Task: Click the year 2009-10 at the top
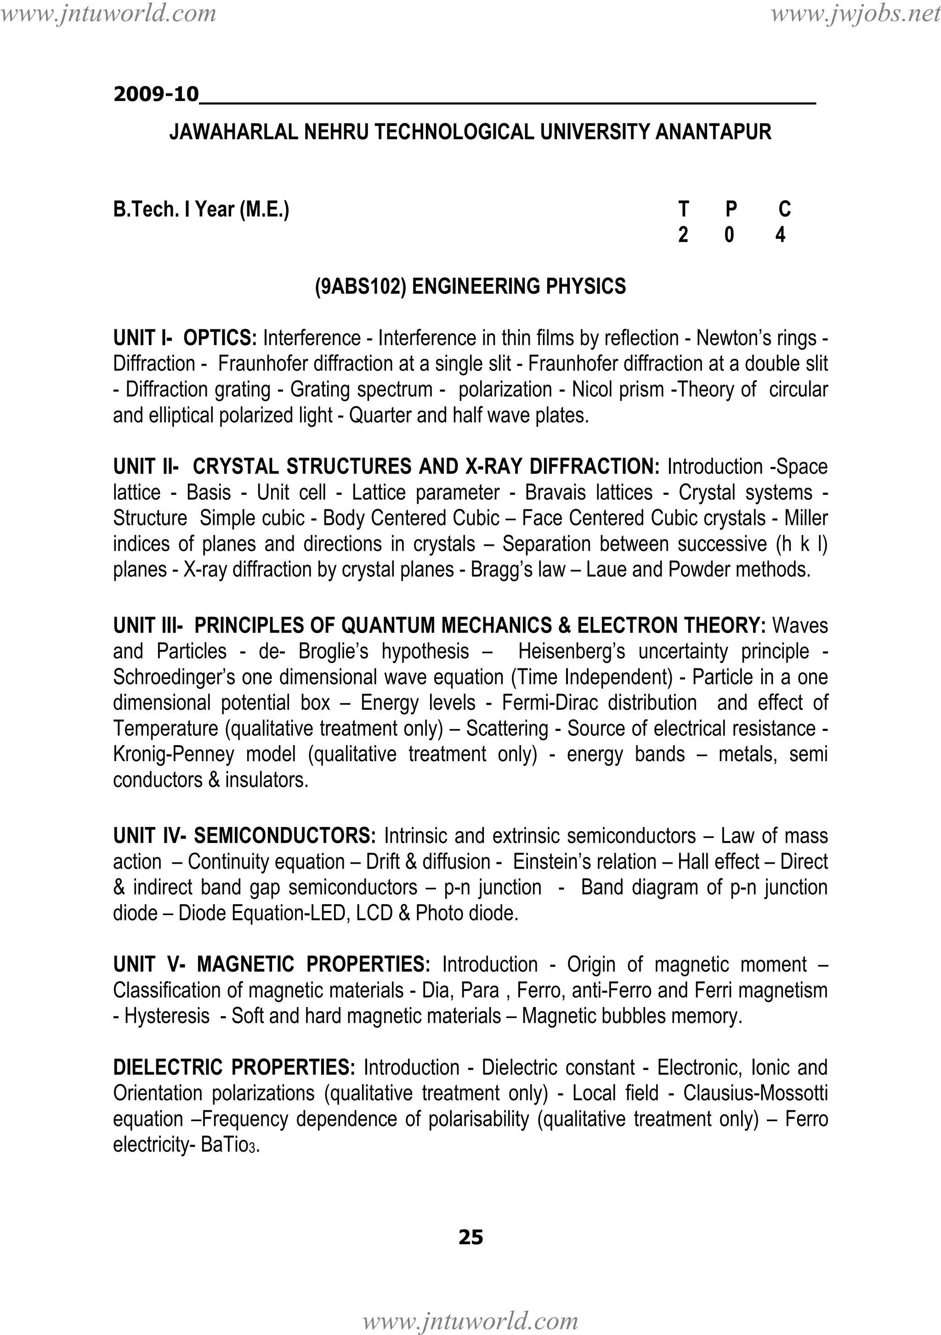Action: point(156,94)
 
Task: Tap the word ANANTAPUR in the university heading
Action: point(713,133)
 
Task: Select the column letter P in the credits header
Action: point(731,209)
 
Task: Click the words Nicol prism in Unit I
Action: point(618,390)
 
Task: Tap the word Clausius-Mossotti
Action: point(755,1093)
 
